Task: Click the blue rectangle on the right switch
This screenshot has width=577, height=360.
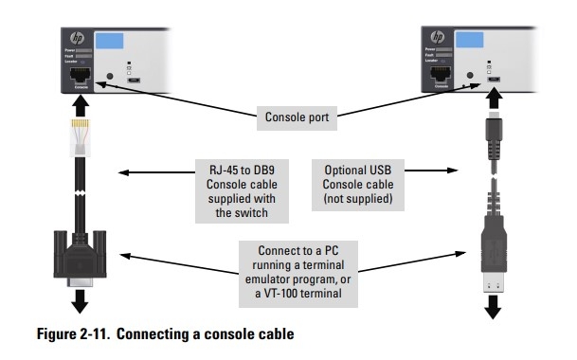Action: coord(480,43)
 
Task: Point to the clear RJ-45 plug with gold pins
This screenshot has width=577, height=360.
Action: coord(78,135)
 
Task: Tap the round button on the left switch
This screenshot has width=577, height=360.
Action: coord(111,76)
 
